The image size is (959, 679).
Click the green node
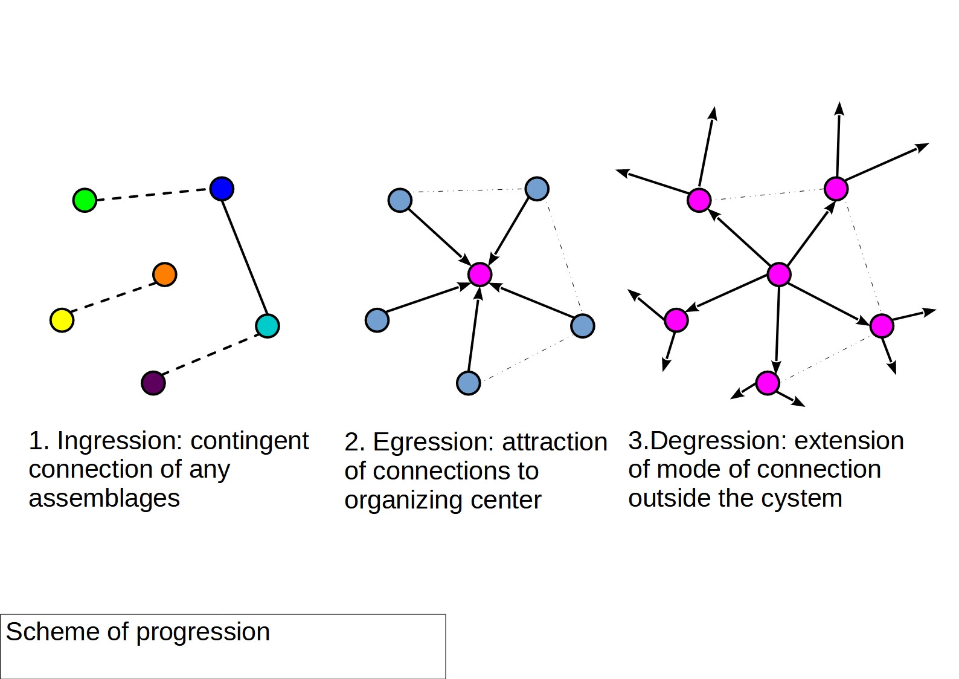85,200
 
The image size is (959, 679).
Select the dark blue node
222,189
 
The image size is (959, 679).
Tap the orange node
165,275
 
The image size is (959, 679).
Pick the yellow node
62,320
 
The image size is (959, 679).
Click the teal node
268,326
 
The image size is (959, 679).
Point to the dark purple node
153,383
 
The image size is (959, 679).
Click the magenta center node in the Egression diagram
480,275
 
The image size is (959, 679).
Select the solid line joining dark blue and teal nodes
245,257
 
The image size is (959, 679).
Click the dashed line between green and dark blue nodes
153,194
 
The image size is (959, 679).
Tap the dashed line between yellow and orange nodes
114,297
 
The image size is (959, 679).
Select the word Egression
433,443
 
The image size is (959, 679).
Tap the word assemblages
104,499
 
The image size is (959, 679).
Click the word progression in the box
203,633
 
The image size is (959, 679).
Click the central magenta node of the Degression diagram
779,275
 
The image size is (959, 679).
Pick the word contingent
249,441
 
